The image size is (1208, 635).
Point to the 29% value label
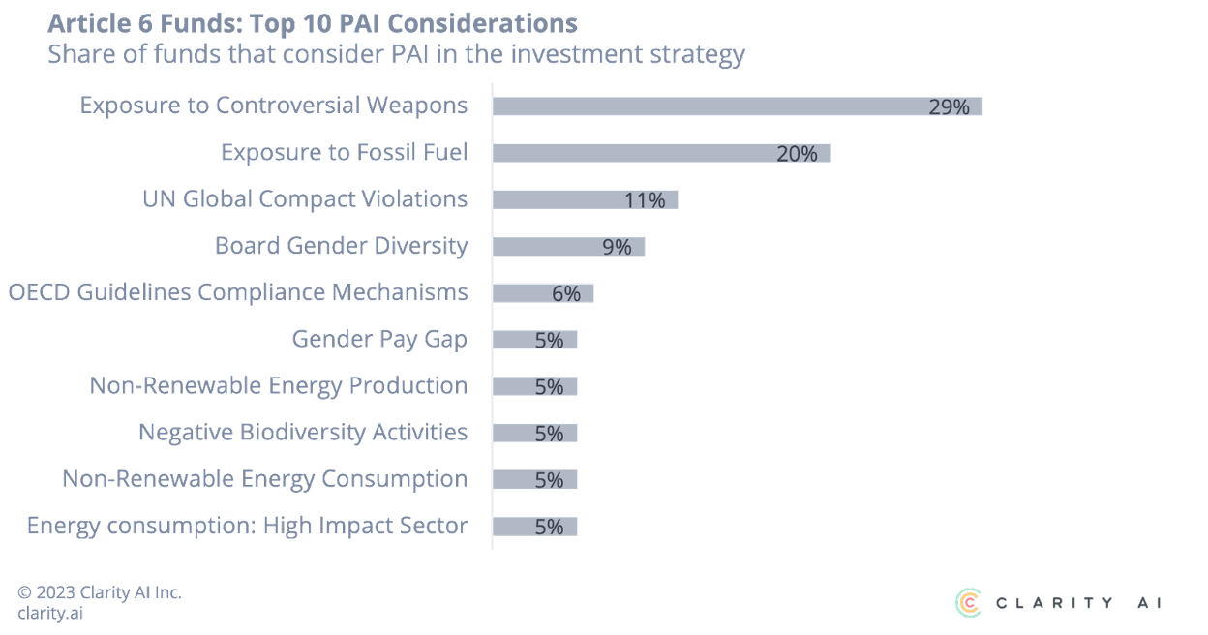coord(949,107)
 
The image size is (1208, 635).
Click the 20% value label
coord(797,154)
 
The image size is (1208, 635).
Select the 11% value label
coord(645,200)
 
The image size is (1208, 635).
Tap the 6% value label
coord(566,293)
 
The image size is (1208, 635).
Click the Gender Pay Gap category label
coord(379,340)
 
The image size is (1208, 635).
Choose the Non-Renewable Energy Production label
coord(279,385)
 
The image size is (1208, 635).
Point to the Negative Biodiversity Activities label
coord(303,432)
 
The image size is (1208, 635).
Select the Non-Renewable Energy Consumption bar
coord(535,480)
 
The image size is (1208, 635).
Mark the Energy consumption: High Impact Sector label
coord(247,526)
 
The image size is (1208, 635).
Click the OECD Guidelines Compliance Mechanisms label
coord(238,292)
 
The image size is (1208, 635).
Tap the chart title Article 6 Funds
coord(312,23)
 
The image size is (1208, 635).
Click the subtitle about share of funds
coord(396,54)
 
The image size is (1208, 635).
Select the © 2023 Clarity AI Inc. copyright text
coord(100,592)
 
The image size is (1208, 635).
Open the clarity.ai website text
coord(49,613)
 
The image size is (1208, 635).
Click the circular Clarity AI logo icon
coord(968,602)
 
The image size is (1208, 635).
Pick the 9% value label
coord(617,247)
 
